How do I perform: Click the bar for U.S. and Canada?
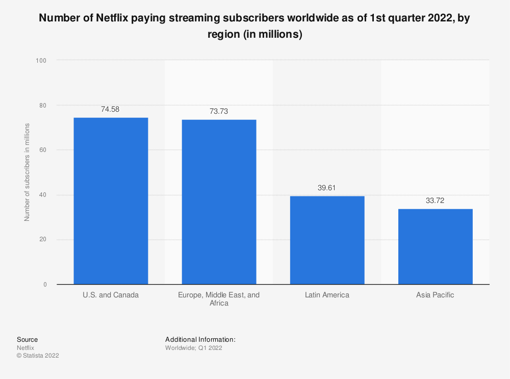(x=111, y=201)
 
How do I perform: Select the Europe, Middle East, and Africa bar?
(x=219, y=202)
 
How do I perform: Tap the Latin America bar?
(x=327, y=240)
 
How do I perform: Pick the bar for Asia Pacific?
(x=435, y=246)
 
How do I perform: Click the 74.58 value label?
(x=111, y=109)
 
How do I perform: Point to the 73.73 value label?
(x=219, y=111)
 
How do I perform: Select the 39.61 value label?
(x=327, y=188)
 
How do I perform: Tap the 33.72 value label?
(x=435, y=200)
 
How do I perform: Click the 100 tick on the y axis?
(x=41, y=60)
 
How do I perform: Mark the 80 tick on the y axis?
(x=43, y=105)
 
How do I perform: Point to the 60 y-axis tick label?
(x=43, y=150)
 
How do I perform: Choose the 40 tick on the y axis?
(x=43, y=195)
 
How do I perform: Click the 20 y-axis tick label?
(x=43, y=240)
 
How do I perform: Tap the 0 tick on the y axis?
(x=44, y=285)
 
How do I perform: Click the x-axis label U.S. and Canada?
(x=111, y=295)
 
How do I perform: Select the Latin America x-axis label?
(x=327, y=295)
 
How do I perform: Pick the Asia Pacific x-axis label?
(x=435, y=295)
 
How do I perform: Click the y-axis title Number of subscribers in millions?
(x=27, y=172)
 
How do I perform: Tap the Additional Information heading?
(x=200, y=339)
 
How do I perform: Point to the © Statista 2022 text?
(x=38, y=356)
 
